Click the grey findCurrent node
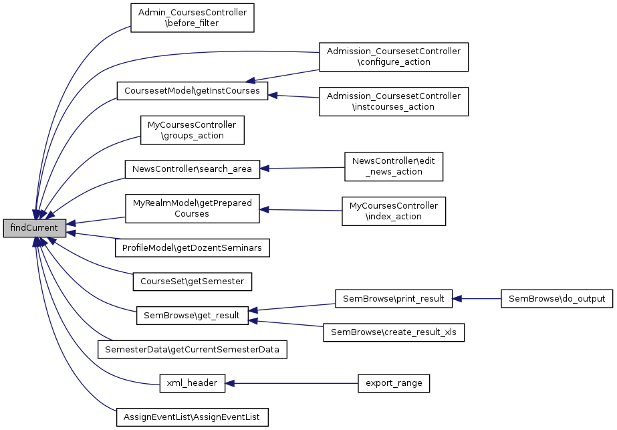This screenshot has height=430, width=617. click(35, 228)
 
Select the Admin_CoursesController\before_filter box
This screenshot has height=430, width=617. click(192, 18)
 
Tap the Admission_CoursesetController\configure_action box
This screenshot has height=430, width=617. click(394, 57)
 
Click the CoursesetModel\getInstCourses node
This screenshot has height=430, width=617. click(192, 91)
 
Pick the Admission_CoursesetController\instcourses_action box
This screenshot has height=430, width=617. click(394, 101)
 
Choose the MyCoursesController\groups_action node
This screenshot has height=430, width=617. click(192, 130)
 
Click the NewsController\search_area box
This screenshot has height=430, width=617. click(192, 169)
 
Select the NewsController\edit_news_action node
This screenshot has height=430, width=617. click(394, 167)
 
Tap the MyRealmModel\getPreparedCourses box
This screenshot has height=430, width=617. click(192, 209)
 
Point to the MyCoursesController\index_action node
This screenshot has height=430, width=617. click(394, 211)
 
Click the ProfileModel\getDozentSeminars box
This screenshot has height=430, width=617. click(193, 248)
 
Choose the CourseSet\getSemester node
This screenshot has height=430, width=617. click(193, 282)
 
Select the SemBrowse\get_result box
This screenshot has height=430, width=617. click(192, 316)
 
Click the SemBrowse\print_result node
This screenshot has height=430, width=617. click(394, 298)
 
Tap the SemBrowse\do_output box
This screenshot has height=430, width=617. click(556, 298)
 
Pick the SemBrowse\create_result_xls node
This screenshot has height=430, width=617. click(394, 332)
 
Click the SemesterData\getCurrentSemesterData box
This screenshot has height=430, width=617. click(193, 349)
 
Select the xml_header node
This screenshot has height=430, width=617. click(192, 383)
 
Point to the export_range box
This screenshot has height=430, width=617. click(394, 383)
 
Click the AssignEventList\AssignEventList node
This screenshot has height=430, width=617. click(193, 417)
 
